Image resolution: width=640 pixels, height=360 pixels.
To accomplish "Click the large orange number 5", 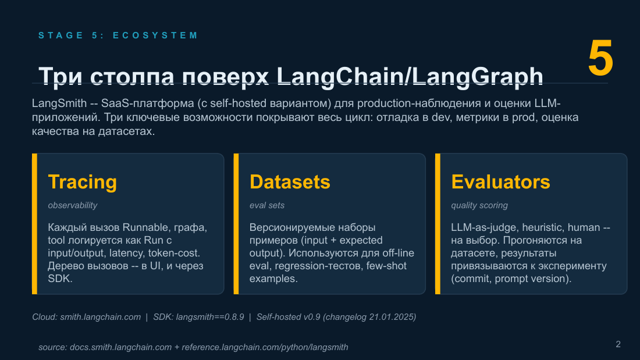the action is [x=600, y=58].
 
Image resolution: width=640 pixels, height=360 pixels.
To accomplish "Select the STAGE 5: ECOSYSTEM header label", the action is [x=118, y=35].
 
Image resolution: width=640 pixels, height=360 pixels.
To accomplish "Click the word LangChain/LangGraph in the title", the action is [x=410, y=76].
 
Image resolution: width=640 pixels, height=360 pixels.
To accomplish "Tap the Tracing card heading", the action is [x=83, y=181].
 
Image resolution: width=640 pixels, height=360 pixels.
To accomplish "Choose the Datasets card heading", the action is [x=290, y=181].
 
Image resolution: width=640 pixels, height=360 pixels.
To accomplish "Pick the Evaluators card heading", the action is [x=500, y=181].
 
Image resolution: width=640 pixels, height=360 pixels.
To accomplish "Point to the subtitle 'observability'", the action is [x=73, y=205].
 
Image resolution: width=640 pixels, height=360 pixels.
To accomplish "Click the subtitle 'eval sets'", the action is [x=267, y=205].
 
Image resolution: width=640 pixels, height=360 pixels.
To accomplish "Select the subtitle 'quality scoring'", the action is [x=479, y=205].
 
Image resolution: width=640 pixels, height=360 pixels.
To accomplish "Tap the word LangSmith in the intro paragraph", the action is [x=59, y=104].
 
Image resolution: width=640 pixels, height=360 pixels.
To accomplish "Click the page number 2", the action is [x=618, y=344].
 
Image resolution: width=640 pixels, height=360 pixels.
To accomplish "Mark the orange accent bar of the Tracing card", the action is [x=35, y=224].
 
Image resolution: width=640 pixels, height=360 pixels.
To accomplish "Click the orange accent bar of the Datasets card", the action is [x=236, y=224].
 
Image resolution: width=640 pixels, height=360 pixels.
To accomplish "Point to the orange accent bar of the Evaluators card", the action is [x=438, y=224].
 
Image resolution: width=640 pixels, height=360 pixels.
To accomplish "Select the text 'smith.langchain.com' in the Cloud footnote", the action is [x=101, y=317].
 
